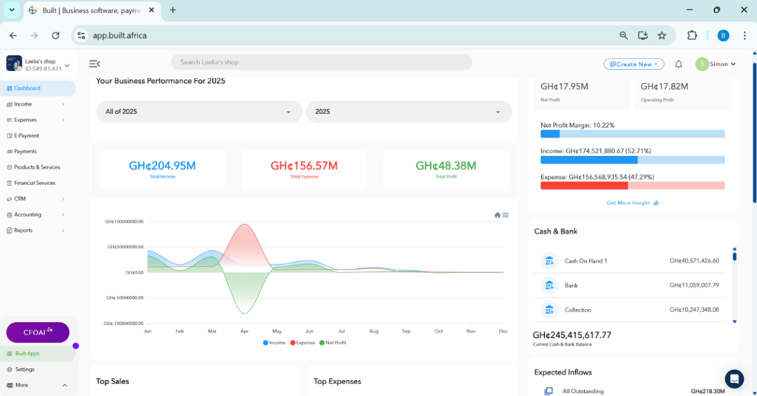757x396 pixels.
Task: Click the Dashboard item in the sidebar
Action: [27, 88]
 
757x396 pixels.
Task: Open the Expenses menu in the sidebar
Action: [25, 120]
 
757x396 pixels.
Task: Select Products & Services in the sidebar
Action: [37, 167]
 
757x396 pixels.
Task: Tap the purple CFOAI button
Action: [38, 332]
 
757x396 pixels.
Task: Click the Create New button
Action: [634, 64]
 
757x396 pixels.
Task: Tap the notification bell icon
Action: [679, 64]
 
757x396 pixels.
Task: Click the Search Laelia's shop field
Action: [321, 62]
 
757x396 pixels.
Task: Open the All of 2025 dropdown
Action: [199, 112]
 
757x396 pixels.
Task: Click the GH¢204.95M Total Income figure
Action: [162, 166]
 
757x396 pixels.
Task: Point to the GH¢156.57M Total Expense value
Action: [304, 166]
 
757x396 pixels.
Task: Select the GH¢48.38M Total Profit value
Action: [446, 166]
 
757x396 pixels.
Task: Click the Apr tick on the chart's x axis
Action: [245, 331]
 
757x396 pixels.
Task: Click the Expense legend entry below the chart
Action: [302, 343]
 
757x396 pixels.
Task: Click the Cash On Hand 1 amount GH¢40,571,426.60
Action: [694, 261]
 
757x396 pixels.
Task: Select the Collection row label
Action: [577, 310]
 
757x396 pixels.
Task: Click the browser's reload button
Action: [55, 35]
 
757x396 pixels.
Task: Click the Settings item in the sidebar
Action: [24, 369]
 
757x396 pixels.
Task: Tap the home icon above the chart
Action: [498, 215]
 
